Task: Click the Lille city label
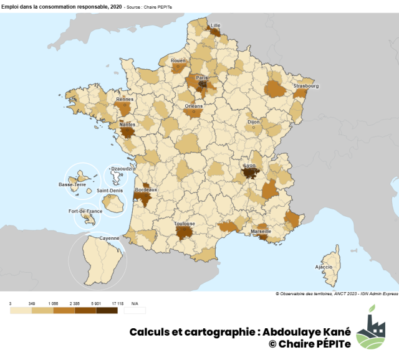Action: [x=216, y=26]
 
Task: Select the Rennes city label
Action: [x=125, y=98]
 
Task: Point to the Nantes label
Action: [x=127, y=124]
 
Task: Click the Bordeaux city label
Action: [x=146, y=189]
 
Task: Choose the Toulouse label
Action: [x=185, y=224]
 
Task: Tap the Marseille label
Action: [x=261, y=231]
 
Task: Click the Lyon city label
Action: [x=249, y=166]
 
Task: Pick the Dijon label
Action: [x=254, y=123]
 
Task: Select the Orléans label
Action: [x=194, y=106]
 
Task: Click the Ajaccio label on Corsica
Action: [x=324, y=267]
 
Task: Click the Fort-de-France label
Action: [x=85, y=211]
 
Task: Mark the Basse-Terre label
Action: [x=72, y=184]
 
